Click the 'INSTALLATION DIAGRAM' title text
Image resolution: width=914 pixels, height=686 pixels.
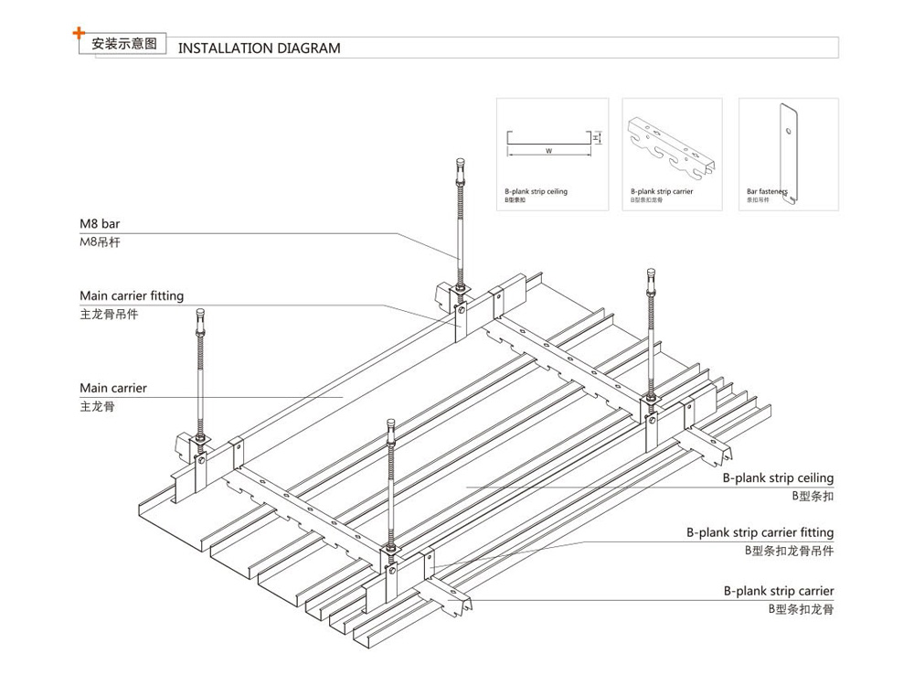(x=259, y=48)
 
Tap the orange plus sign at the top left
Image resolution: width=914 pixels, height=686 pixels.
(x=79, y=35)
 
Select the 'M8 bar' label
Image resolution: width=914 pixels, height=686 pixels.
(x=100, y=223)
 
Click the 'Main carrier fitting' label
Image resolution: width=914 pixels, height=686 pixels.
(x=132, y=295)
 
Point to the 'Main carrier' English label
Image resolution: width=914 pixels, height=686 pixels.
(x=113, y=388)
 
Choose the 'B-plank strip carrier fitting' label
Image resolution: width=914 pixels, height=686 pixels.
(x=760, y=532)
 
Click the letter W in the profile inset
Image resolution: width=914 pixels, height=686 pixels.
(x=548, y=150)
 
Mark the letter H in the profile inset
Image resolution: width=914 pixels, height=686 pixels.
(x=595, y=137)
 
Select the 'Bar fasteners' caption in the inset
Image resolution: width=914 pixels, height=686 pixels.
(x=767, y=191)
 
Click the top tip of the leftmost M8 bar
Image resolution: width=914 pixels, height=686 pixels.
(x=200, y=314)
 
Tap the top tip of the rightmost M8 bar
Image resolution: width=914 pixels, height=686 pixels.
(x=651, y=272)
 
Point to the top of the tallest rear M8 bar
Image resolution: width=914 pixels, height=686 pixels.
(x=459, y=162)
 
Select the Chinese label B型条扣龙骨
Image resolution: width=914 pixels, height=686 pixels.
(x=801, y=608)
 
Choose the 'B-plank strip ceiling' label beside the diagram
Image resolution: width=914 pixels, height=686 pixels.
(x=779, y=477)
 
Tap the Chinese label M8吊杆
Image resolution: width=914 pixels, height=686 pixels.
(x=101, y=241)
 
